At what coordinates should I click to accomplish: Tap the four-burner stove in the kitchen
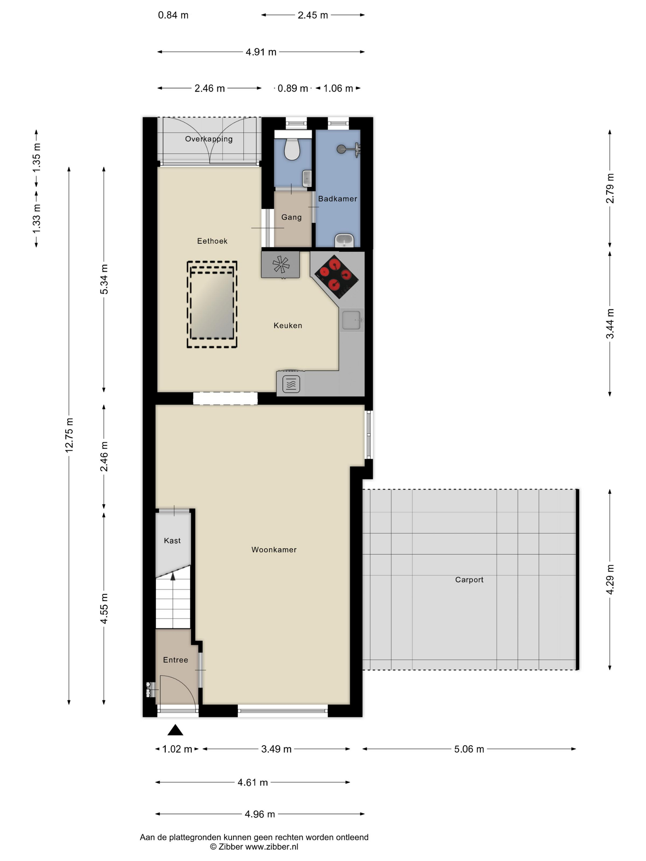pos(336,276)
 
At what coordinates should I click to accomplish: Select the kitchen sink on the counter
pos(352,320)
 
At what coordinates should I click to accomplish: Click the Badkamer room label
pos(337,199)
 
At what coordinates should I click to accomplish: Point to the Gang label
pos(292,217)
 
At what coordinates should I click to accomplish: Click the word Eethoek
pos(212,241)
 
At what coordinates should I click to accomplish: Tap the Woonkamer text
pos(274,550)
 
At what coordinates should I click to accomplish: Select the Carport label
pos(469,580)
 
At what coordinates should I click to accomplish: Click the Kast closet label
pos(172,541)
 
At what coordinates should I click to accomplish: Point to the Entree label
pos(176,660)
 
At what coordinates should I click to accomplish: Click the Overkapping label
pos(209,139)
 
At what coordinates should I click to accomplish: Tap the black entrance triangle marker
pos(175,730)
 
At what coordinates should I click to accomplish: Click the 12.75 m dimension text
pos(69,435)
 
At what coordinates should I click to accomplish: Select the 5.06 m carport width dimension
pos(469,749)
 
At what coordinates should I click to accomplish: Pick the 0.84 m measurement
pos(173,15)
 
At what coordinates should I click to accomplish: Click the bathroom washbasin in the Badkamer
pos(344,240)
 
